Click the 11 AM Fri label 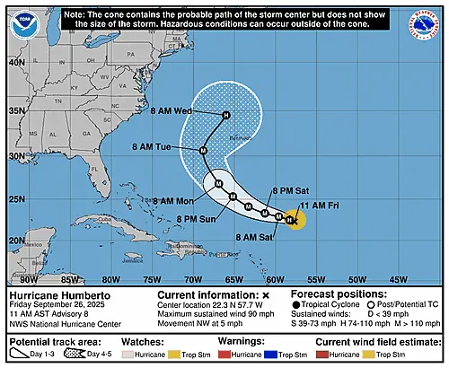click(x=320, y=206)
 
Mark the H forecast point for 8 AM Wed click(x=226, y=115)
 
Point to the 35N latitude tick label click(x=17, y=111)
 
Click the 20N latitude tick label click(x=17, y=241)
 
